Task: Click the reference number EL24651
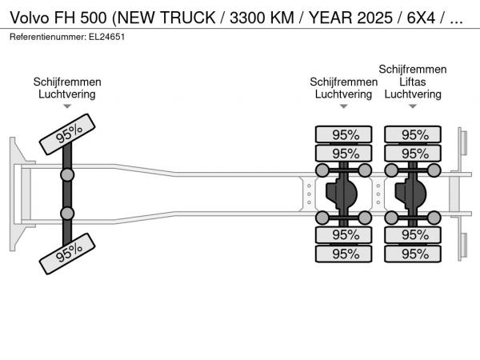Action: (x=107, y=37)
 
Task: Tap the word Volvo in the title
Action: (x=30, y=18)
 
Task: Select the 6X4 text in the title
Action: (x=421, y=18)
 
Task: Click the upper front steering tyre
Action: (x=67, y=134)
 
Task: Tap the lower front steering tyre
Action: (x=67, y=254)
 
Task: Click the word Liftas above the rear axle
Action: (x=413, y=82)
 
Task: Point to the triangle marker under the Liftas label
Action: (x=413, y=106)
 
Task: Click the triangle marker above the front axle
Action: (x=67, y=106)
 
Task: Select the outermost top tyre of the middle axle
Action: (x=343, y=134)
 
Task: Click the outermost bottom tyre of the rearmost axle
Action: (x=413, y=254)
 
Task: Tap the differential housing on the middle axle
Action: (x=342, y=194)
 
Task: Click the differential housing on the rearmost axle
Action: (x=411, y=194)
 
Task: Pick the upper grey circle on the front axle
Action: (x=67, y=175)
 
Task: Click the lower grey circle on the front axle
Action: (x=67, y=213)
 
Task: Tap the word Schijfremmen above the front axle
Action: (x=67, y=82)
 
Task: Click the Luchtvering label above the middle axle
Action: (x=343, y=94)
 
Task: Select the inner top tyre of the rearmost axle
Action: (x=413, y=153)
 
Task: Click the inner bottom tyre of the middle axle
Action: (x=343, y=235)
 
